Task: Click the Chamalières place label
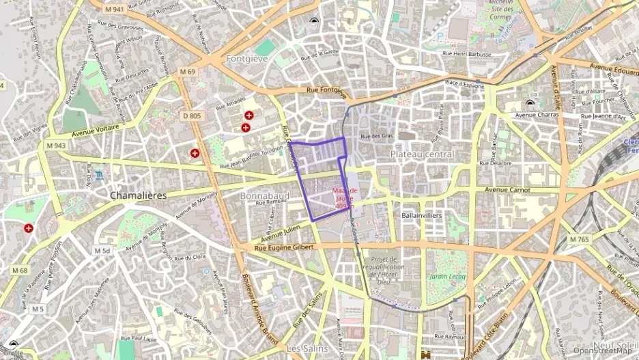pos(139,195)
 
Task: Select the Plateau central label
pos(422,154)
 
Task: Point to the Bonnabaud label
pos(265,196)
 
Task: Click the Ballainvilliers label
pos(422,215)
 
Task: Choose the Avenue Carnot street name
pos(507,189)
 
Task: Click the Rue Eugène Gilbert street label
pos(284,247)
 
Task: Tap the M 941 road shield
pos(115,10)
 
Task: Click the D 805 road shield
pos(193,116)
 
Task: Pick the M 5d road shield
pos(102,251)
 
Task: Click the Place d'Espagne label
pos(464,84)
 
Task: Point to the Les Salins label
pos(304,348)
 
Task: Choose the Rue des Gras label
pos(377,136)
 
